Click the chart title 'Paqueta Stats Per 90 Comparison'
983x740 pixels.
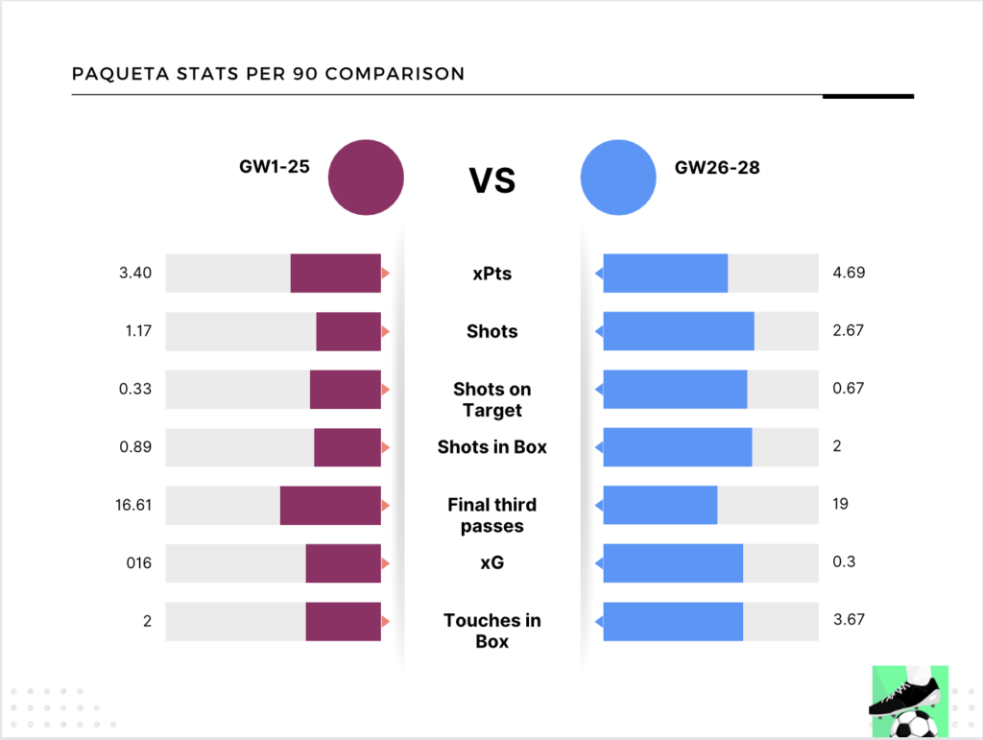click(x=268, y=74)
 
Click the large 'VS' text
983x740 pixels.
click(x=491, y=179)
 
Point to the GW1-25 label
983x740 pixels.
click(x=274, y=166)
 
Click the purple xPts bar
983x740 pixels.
click(x=335, y=274)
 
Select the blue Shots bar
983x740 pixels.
click(x=678, y=331)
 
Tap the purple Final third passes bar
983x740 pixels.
click(x=330, y=505)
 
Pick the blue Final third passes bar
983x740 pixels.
click(x=659, y=505)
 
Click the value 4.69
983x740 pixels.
click(x=849, y=273)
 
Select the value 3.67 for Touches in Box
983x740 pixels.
click(x=849, y=620)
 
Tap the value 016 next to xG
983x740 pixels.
click(x=139, y=562)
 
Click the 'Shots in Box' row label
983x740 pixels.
click(x=491, y=446)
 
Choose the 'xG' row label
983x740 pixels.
click(x=491, y=562)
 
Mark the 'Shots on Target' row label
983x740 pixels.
click(x=491, y=399)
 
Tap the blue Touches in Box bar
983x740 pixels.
click(x=672, y=621)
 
